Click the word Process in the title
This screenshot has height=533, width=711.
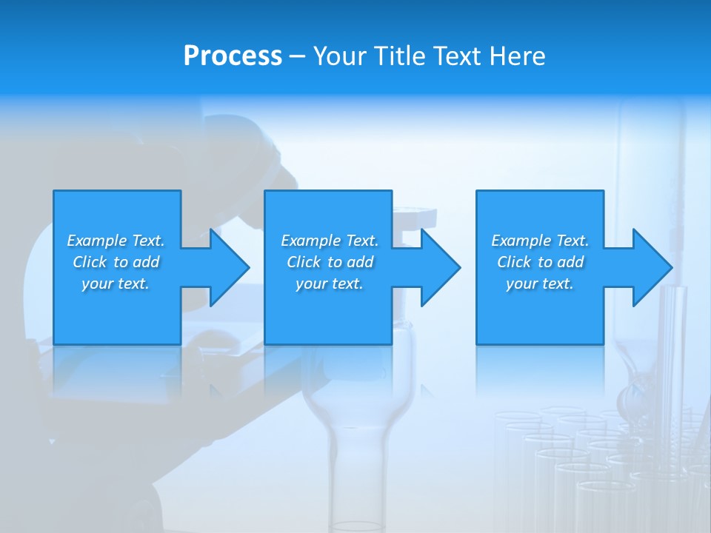tap(233, 56)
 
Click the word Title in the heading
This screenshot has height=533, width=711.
tap(397, 56)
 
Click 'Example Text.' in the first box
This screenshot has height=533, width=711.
tap(116, 241)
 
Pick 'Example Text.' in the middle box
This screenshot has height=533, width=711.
tap(330, 241)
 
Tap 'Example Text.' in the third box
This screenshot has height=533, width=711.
tap(540, 241)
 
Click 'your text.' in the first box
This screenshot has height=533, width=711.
tap(116, 284)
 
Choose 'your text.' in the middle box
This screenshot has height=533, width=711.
tap(330, 284)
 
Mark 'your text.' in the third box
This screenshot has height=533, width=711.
tap(540, 284)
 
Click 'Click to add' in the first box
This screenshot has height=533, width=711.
tap(116, 262)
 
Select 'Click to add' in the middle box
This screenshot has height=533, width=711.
tap(330, 262)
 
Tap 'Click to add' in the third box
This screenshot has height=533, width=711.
tap(540, 262)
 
